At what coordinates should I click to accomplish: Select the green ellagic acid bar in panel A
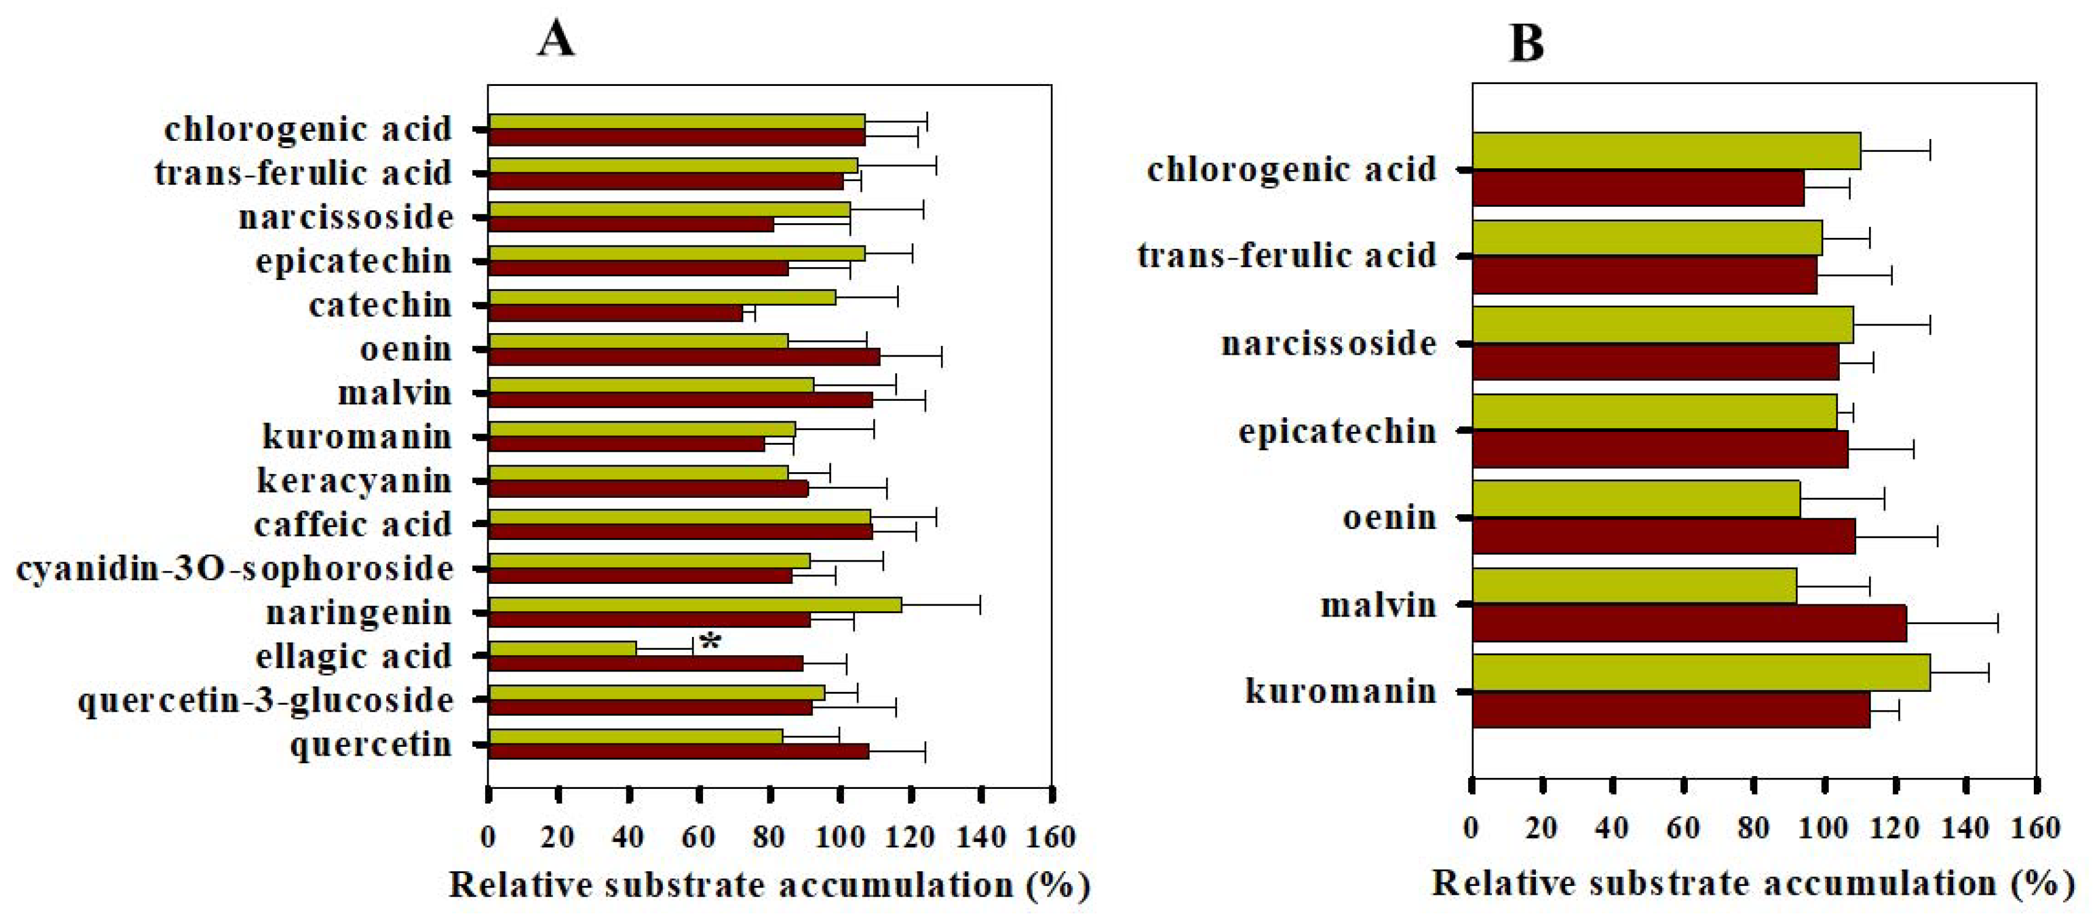(x=563, y=649)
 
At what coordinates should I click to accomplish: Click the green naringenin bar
(x=695, y=605)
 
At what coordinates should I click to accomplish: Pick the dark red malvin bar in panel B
(x=1689, y=623)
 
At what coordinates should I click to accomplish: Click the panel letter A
(x=556, y=39)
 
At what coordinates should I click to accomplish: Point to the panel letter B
(x=1526, y=43)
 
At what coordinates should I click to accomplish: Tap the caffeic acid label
(x=353, y=524)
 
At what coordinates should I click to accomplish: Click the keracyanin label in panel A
(x=354, y=480)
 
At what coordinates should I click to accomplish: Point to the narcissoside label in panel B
(x=1328, y=343)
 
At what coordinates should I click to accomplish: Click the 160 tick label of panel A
(x=1050, y=836)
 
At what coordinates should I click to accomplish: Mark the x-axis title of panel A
(x=769, y=885)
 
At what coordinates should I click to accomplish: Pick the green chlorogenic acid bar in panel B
(x=1666, y=151)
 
